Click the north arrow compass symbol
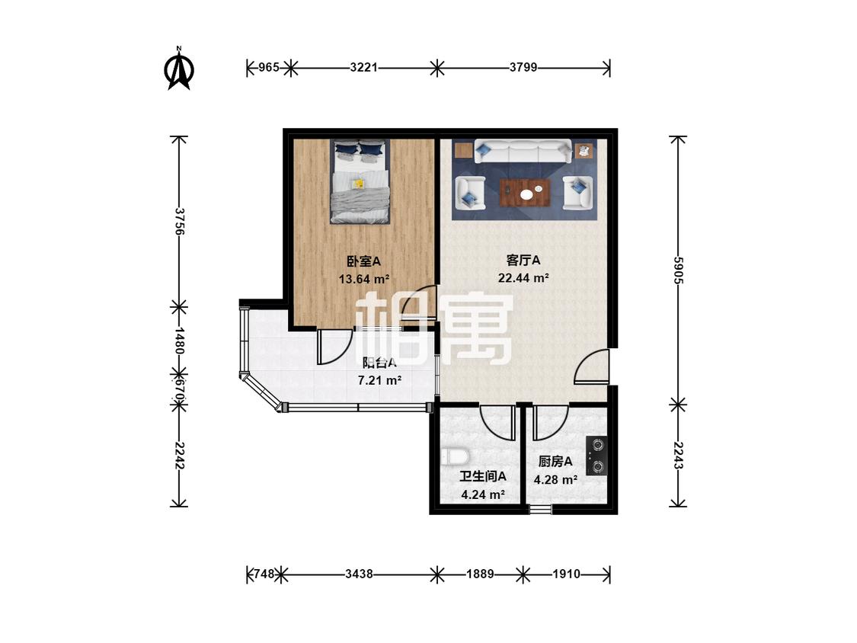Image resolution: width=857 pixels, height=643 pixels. tap(179, 69)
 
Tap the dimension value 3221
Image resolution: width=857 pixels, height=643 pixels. tap(363, 68)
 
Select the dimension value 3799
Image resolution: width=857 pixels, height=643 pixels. tap(523, 68)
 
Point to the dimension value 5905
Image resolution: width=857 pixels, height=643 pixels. tap(678, 270)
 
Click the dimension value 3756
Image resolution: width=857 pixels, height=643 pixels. tap(179, 221)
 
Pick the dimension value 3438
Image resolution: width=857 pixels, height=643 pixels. tap(359, 574)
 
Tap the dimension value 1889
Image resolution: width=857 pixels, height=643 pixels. tap(480, 574)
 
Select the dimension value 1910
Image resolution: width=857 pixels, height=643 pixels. tap(566, 574)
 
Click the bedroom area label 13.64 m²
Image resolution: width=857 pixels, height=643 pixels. tap(363, 280)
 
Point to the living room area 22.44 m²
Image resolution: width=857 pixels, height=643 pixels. tap(523, 278)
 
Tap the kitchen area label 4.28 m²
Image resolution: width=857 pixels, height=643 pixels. tap(555, 480)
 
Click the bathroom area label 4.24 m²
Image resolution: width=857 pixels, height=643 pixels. tap(483, 495)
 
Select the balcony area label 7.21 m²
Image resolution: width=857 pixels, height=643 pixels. tap(379, 380)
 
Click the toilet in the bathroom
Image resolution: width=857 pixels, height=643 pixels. tap(455, 456)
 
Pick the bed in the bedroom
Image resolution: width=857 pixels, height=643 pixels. tap(360, 181)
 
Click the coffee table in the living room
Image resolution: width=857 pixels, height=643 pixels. tap(525, 193)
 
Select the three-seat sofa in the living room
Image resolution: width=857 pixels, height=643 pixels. tap(523, 151)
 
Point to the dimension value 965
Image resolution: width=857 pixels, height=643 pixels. tap(268, 68)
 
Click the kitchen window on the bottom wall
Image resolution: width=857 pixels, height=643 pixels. tap(541, 510)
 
